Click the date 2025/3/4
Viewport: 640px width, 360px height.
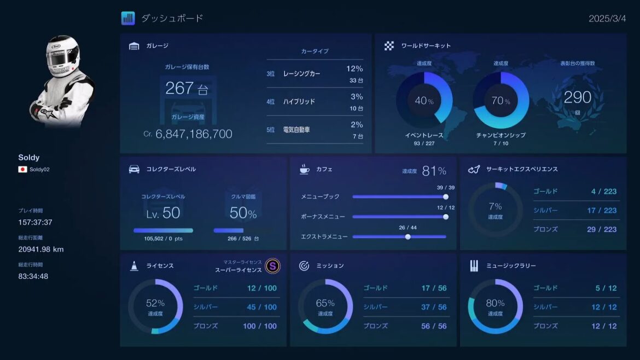607,19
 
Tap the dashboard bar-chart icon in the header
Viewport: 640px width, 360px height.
128,18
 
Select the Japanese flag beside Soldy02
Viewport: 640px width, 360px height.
23,170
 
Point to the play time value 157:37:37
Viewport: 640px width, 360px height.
36,222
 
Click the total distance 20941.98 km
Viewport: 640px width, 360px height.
41,249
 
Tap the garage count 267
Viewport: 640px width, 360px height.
180,88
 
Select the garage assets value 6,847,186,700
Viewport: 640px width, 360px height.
194,134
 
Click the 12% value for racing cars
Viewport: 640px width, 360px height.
354,69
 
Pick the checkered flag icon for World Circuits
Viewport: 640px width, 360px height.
389,46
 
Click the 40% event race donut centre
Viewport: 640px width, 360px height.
424,101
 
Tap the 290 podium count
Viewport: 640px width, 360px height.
578,97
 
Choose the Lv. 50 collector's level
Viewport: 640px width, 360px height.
163,213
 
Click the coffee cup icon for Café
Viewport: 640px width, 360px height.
304,170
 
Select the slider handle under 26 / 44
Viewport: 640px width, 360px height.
408,237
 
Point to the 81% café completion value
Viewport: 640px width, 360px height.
434,171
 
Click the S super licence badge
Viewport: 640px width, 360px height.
272,266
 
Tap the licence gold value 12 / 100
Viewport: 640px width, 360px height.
262,288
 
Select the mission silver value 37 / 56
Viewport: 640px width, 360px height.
434,307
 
